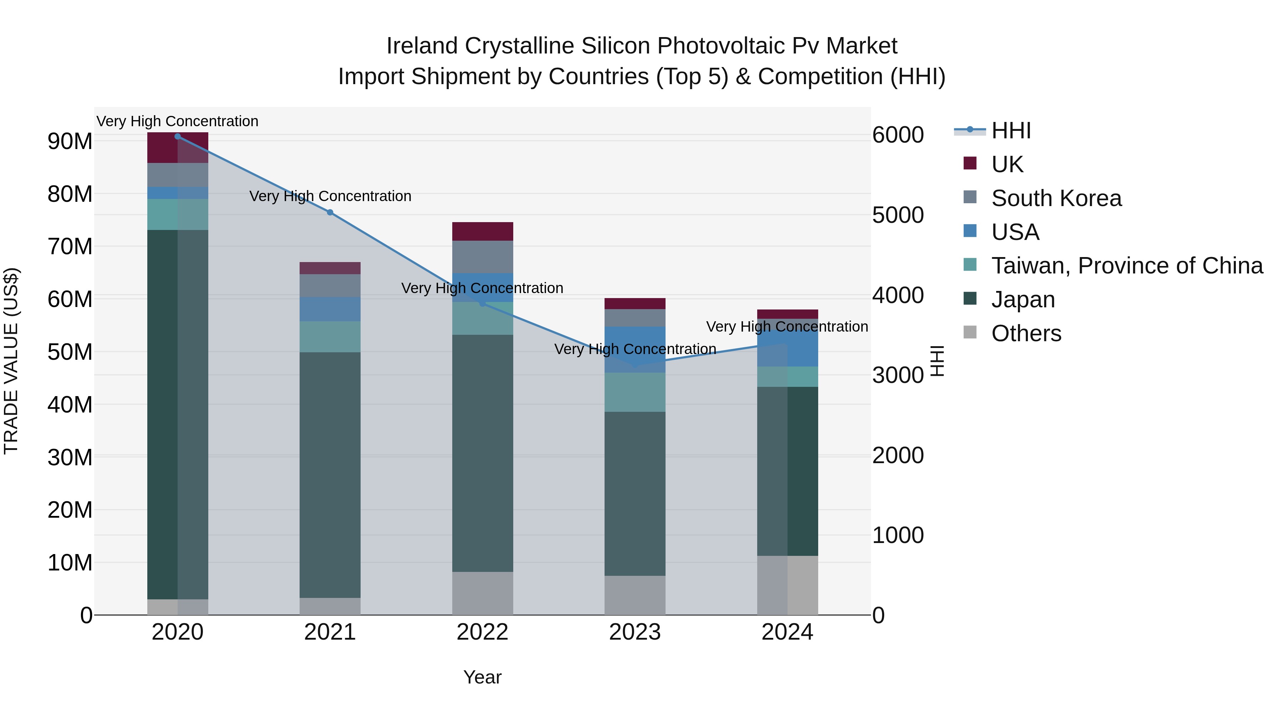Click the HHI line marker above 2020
178,136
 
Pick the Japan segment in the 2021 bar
330,473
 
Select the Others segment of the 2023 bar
635,595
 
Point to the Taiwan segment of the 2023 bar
635,392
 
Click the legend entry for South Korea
1056,198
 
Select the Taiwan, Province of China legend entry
1126,266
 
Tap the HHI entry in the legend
1011,130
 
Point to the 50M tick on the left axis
70,352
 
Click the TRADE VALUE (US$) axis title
11,361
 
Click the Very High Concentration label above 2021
330,196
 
